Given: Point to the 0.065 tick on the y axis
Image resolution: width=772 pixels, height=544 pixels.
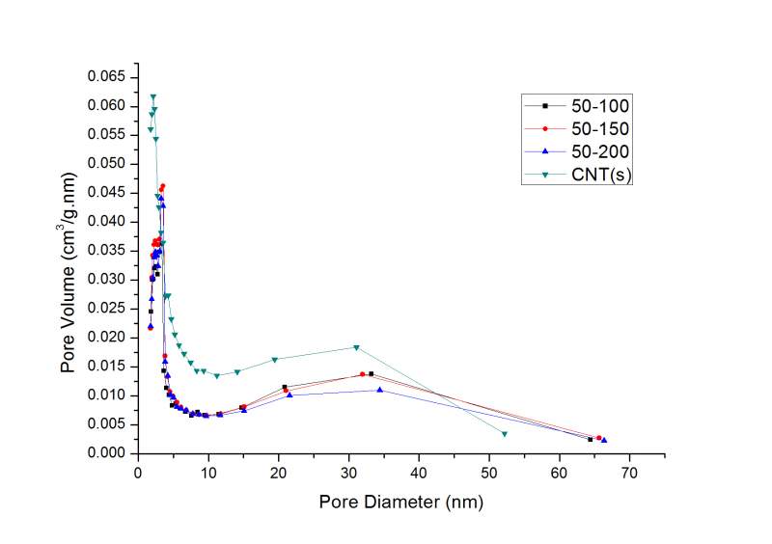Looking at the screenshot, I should point(108,76).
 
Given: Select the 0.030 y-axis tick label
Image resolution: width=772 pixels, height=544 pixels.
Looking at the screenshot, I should point(108,280).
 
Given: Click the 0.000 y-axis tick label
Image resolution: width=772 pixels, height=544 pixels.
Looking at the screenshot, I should point(108,453).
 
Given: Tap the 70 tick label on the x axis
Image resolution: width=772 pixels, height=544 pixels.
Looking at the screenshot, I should point(629,473).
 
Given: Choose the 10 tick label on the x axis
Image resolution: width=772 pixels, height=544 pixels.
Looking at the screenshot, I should point(207,473).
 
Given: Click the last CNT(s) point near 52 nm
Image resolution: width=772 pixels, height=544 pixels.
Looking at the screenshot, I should point(505,434).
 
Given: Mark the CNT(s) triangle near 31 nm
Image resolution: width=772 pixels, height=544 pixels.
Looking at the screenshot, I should point(356,347).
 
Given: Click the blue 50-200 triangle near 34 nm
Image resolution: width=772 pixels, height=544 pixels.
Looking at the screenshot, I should point(380,390).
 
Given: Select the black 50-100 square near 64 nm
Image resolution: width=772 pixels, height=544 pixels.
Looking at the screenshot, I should point(591,440).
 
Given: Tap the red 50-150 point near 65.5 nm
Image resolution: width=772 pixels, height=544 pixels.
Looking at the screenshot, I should point(598,438).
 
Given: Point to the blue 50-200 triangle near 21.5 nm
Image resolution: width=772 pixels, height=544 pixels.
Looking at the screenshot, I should point(289,394).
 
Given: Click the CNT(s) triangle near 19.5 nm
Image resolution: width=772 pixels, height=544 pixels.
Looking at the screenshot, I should point(275,360).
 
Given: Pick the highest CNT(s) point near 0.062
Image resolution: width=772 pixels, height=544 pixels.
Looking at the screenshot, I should point(152,96).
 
